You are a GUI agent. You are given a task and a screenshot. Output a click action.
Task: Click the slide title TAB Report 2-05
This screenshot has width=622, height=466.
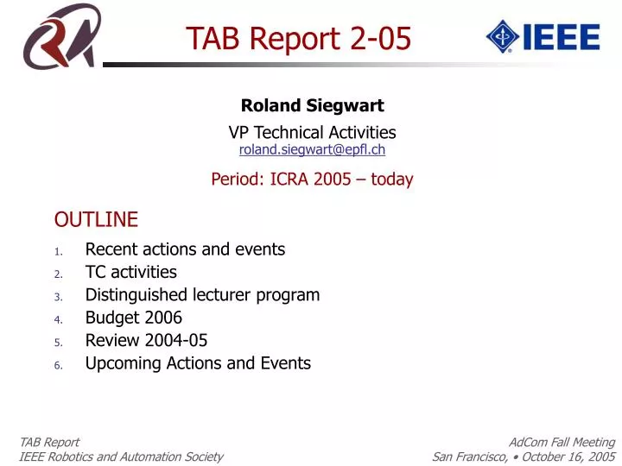pos(299,38)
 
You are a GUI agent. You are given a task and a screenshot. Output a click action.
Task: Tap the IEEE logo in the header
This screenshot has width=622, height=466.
pos(543,36)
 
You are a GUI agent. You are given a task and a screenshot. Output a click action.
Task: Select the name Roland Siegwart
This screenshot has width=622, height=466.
pos(312,106)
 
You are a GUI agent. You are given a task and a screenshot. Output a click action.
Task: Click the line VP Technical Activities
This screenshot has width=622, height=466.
pos(312,132)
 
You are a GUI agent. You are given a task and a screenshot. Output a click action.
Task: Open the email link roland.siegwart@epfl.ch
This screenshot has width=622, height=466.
pos(312,149)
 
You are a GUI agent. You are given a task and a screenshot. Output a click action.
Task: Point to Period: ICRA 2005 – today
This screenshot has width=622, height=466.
pos(312,179)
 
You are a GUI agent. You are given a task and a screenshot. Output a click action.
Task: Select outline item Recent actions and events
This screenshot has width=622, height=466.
pos(185,249)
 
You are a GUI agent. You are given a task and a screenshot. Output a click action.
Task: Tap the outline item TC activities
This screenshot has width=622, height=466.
pos(130,272)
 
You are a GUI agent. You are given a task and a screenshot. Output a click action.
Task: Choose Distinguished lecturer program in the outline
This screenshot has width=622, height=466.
pos(202,295)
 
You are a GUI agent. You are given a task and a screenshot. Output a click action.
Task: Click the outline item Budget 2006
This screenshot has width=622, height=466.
pos(133,318)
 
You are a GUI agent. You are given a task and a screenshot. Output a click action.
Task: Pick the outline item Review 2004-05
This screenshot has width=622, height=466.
pos(146,340)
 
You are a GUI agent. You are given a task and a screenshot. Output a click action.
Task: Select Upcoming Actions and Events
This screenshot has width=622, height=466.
pos(198,363)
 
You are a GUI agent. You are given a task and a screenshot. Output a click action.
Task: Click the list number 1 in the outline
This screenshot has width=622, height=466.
pos(58,251)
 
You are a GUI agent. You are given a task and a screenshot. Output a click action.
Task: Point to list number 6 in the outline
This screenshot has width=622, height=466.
pos(58,365)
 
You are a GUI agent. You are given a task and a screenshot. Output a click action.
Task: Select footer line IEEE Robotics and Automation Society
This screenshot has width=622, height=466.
pos(121,457)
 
